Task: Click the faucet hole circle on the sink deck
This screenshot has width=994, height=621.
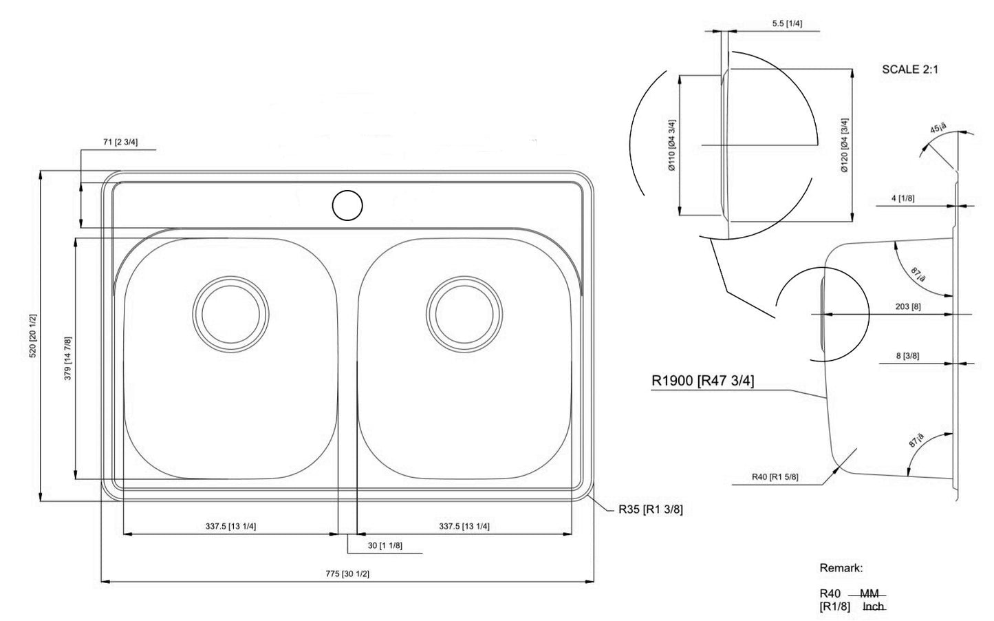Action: pyautogui.click(x=347, y=204)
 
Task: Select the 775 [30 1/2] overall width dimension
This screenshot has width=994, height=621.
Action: pyautogui.click(x=348, y=573)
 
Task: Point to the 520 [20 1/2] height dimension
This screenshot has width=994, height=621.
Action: pyautogui.click(x=33, y=337)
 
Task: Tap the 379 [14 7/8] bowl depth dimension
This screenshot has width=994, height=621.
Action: pyautogui.click(x=67, y=358)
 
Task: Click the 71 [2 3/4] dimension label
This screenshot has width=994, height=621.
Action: pyautogui.click(x=120, y=142)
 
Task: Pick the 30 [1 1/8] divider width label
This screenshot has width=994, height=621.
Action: pyautogui.click(x=385, y=545)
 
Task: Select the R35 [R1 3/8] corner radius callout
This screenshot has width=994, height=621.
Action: pyautogui.click(x=649, y=509)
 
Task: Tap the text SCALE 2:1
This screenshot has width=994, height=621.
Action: pyautogui.click(x=910, y=69)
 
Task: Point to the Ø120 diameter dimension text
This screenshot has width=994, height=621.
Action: pyautogui.click(x=844, y=145)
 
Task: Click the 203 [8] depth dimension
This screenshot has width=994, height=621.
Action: pyautogui.click(x=908, y=306)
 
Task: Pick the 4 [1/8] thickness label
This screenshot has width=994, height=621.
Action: pyautogui.click(x=903, y=198)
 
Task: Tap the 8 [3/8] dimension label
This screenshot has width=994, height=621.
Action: pyautogui.click(x=907, y=356)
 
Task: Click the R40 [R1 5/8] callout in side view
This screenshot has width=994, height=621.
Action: pyautogui.click(x=775, y=477)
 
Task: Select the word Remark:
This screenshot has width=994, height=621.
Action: pyautogui.click(x=841, y=568)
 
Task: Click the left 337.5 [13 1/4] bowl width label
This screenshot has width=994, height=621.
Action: pyautogui.click(x=230, y=526)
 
